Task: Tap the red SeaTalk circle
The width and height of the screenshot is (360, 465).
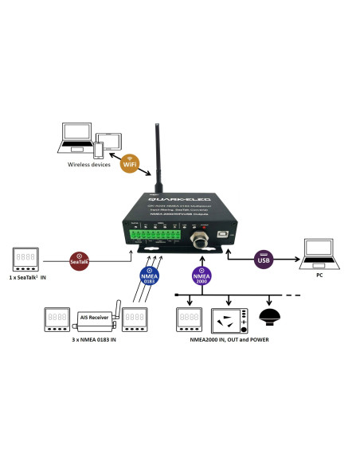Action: coord(78,260)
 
